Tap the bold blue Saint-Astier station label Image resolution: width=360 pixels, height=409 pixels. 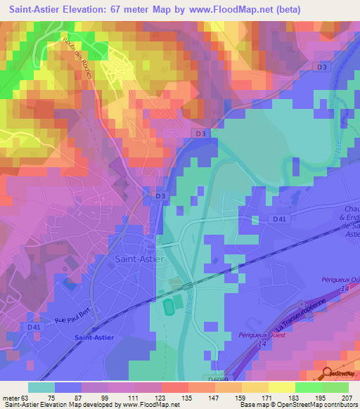94,337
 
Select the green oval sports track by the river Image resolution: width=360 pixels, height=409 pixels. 169,307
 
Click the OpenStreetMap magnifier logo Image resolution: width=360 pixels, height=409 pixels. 328,374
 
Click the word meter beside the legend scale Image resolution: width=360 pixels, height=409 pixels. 11,397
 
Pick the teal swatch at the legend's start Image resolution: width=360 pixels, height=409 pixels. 41,387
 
